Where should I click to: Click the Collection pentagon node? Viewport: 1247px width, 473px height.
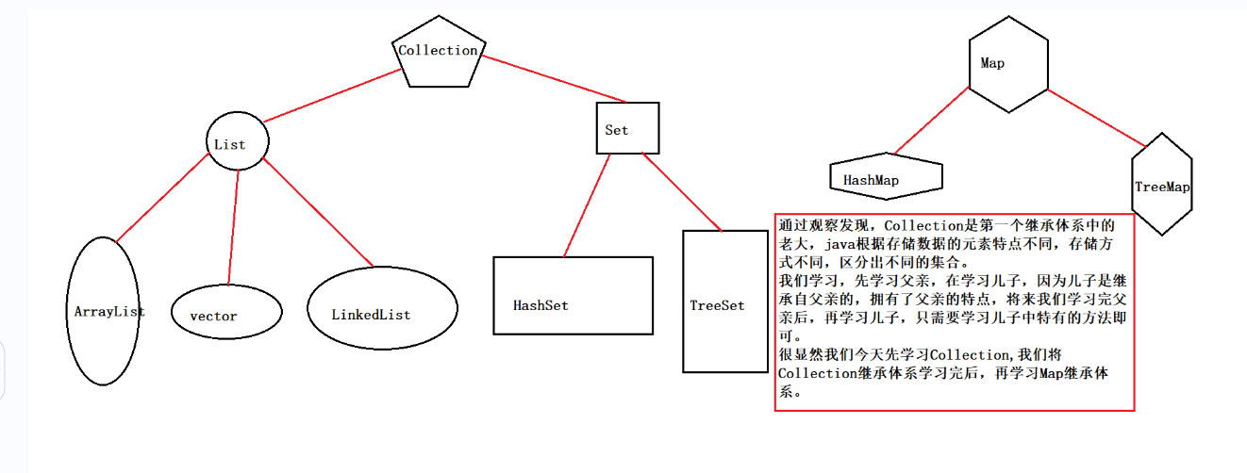(x=439, y=53)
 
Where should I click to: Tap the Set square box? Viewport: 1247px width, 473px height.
(x=628, y=128)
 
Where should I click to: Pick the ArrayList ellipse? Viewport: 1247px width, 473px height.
(x=105, y=311)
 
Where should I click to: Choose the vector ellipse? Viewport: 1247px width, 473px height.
(x=226, y=315)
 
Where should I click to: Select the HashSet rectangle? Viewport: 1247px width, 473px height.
(x=573, y=295)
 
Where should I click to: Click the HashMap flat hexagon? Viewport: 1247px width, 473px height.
(x=886, y=178)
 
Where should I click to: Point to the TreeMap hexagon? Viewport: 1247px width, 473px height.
(x=1161, y=185)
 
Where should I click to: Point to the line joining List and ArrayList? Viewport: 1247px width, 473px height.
(x=161, y=197)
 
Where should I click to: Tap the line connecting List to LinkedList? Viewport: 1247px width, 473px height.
(x=317, y=213)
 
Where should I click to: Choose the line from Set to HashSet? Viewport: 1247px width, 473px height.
(x=587, y=205)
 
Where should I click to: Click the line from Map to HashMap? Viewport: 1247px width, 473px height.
(x=931, y=121)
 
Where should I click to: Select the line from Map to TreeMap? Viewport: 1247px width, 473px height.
(x=1096, y=118)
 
